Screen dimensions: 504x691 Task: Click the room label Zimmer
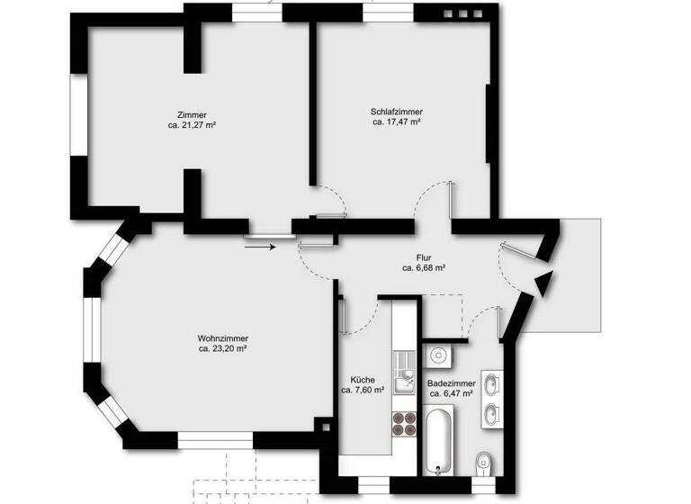click(192, 115)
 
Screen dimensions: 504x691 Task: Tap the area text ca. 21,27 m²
click(192, 125)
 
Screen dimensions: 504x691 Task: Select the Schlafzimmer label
click(396, 112)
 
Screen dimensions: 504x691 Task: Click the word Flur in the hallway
click(424, 257)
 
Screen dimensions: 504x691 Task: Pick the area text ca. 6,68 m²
click(425, 267)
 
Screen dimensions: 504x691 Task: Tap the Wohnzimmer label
click(222, 338)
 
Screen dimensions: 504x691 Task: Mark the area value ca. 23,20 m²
click(222, 348)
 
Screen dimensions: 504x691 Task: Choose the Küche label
click(363, 380)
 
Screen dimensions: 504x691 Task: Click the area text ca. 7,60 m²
click(363, 391)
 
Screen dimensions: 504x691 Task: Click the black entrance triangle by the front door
click(543, 283)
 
